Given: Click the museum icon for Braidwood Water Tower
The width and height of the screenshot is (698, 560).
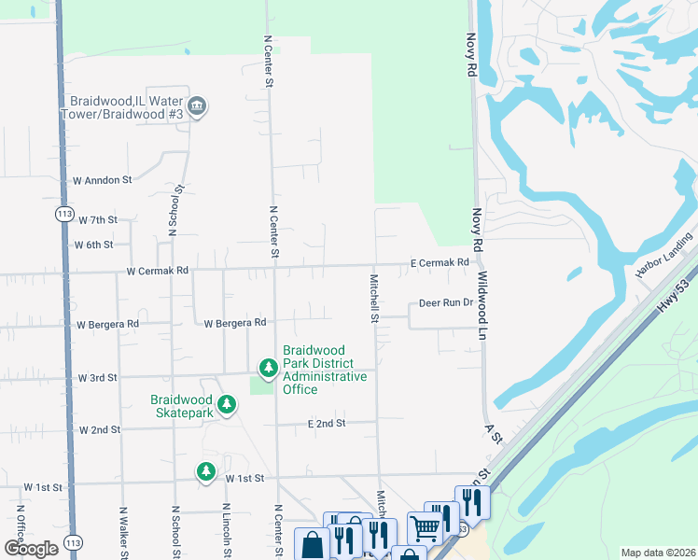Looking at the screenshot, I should (x=197, y=107).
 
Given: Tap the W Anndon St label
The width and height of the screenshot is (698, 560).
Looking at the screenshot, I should (x=104, y=179).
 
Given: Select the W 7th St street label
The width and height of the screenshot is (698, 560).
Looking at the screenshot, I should (x=98, y=220).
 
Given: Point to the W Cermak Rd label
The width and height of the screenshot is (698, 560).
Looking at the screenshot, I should (x=158, y=271).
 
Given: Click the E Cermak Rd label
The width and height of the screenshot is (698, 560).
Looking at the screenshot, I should (x=440, y=264).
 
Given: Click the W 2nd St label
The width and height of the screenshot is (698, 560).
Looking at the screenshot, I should (x=101, y=430).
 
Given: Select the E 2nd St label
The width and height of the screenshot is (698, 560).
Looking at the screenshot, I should (x=327, y=423).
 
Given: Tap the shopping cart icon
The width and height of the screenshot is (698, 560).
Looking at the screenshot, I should (x=424, y=528).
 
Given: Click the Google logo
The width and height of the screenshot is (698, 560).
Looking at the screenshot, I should (x=31, y=549).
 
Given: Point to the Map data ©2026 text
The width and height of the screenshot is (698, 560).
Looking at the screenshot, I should (x=657, y=553).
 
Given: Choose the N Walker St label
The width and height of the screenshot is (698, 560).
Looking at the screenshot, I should (x=122, y=533).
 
